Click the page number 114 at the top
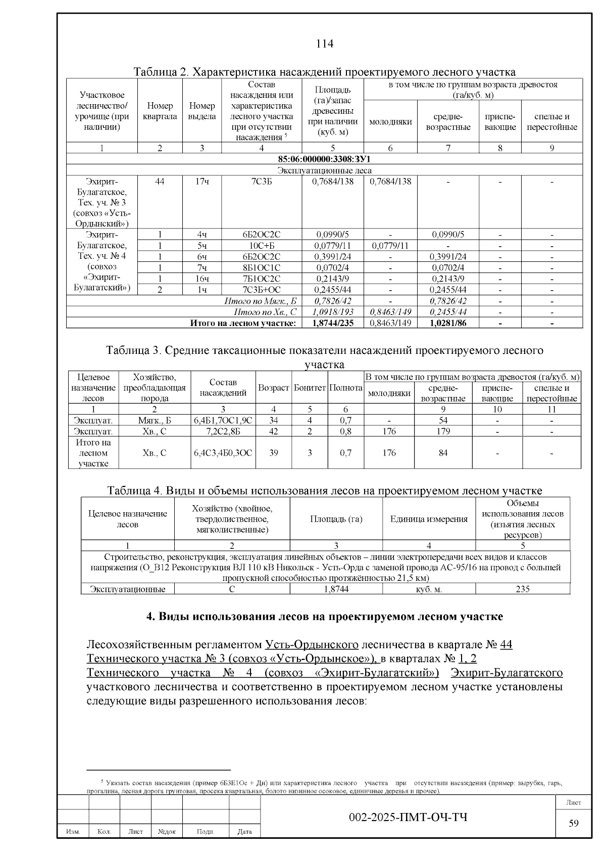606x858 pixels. point(325,44)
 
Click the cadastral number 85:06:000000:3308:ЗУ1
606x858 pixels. point(324,159)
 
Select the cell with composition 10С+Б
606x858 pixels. point(262,246)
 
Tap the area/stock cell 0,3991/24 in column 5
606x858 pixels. point(332,257)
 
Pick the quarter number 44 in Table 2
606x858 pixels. point(160,182)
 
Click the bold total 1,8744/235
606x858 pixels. point(332,323)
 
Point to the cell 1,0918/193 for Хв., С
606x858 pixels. point(332,312)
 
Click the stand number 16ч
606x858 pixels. point(202,279)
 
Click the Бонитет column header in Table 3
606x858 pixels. point(310,388)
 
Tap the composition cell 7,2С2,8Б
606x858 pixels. point(223,431)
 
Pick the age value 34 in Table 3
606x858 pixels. point(273,420)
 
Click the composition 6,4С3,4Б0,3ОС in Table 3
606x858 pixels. point(223,453)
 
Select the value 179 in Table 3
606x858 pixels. point(443,431)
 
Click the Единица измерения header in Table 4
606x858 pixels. point(429,519)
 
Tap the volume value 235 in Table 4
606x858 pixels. point(523,589)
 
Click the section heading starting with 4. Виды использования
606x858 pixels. point(324,617)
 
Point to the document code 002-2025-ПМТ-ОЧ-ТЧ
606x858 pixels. point(408,818)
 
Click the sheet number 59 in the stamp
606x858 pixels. point(574,824)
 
